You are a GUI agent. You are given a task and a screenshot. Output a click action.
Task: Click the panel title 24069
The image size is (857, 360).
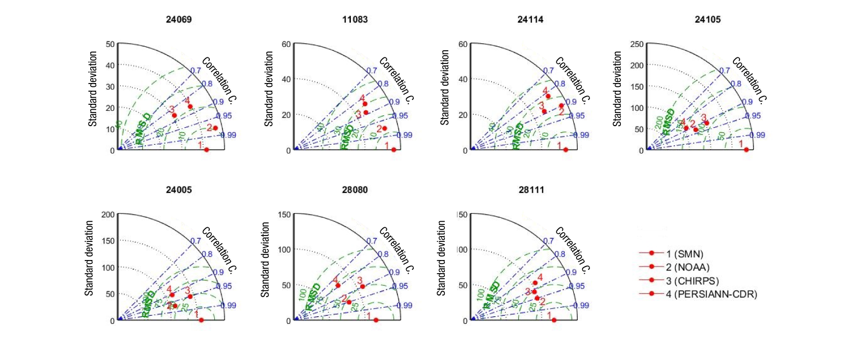click(x=179, y=19)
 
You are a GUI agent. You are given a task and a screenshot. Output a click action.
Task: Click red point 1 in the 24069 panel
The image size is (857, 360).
click(x=206, y=150)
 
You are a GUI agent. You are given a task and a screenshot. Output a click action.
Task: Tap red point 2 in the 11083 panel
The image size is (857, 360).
click(x=385, y=128)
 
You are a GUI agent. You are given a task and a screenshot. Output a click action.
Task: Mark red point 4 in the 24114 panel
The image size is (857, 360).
click(x=548, y=96)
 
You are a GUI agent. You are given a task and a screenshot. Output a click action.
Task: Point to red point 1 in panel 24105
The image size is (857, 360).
click(x=746, y=150)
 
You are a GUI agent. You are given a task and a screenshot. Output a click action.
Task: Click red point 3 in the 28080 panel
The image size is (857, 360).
click(x=362, y=286)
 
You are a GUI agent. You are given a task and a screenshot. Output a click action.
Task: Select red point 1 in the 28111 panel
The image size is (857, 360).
click(x=554, y=320)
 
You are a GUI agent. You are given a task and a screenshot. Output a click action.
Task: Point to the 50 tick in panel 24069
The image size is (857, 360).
click(x=110, y=44)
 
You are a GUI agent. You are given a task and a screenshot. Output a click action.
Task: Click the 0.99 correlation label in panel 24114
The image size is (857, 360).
click(x=581, y=135)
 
